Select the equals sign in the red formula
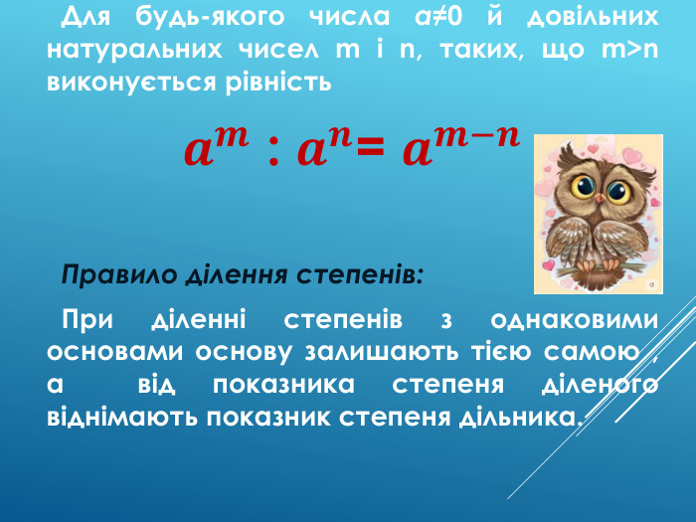[370, 153]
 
